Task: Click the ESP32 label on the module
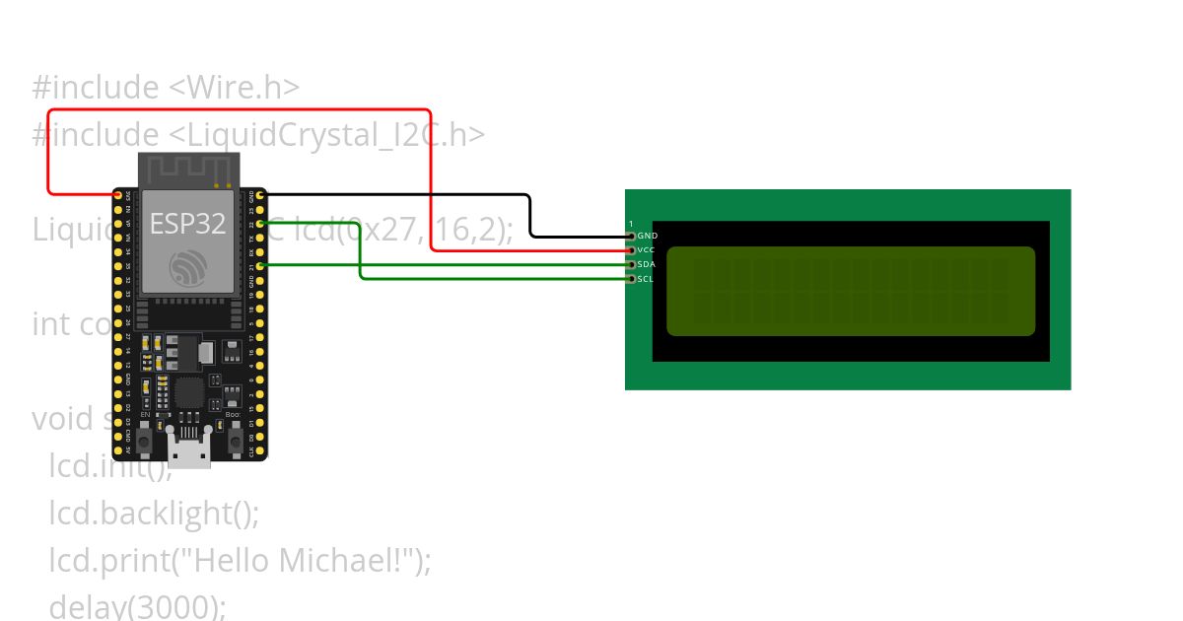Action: point(187,224)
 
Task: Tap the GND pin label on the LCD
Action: point(647,237)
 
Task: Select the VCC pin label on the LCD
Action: point(647,250)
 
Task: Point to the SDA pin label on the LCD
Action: point(647,264)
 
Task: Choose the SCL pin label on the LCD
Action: point(646,279)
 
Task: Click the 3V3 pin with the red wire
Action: point(119,195)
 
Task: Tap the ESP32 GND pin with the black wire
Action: point(260,195)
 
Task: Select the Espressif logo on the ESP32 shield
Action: point(187,267)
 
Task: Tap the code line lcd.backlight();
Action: point(154,513)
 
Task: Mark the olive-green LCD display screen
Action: point(851,291)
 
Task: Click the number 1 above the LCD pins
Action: point(631,225)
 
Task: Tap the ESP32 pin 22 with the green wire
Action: point(260,224)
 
